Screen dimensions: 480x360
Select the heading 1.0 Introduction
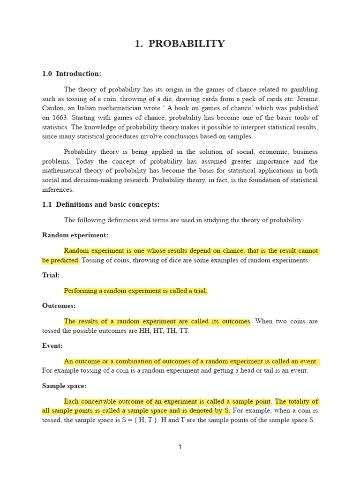point(72,74)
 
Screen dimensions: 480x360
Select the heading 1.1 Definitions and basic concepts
point(101,204)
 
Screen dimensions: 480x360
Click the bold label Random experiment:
point(75,235)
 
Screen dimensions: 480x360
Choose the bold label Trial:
point(51,275)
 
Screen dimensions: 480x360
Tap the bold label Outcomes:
point(59,306)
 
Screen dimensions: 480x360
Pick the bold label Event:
point(52,345)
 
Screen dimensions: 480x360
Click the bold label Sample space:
point(64,386)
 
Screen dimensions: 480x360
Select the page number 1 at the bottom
point(180,447)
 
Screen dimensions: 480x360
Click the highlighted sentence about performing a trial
point(135,291)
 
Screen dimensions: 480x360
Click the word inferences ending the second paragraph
point(58,189)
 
